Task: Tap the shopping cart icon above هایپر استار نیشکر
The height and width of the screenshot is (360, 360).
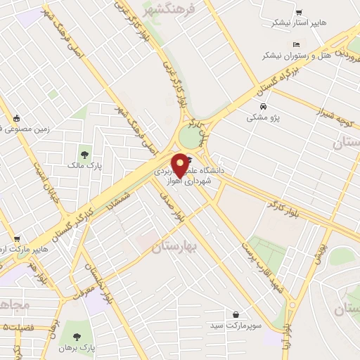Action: point(299,12)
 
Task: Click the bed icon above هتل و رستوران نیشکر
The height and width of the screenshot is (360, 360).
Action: point(295,44)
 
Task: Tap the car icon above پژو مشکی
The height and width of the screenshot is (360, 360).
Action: point(263,107)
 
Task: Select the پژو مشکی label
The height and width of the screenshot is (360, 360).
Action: point(263,117)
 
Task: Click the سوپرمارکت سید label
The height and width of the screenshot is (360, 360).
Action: point(235,326)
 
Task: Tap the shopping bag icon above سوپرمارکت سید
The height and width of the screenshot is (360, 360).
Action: point(235,315)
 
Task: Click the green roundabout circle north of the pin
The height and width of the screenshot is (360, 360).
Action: point(191,136)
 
